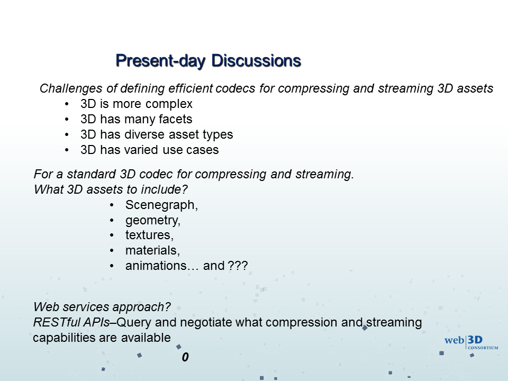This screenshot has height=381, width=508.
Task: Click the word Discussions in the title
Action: point(256,60)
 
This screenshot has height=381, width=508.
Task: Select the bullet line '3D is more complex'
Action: point(137,104)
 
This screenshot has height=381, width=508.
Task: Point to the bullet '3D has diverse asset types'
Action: point(157,134)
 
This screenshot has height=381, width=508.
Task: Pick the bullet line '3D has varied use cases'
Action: point(150,150)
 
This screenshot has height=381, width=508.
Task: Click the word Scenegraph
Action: point(161,205)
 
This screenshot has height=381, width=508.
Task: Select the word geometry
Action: point(152,221)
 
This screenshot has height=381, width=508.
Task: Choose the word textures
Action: point(149,235)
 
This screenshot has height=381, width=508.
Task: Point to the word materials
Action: point(152,250)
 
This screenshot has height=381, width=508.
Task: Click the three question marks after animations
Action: point(238,266)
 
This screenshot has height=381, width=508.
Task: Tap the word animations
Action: point(156,266)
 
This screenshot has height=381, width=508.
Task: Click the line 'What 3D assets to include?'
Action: point(111,189)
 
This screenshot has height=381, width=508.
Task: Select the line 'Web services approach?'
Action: point(102,307)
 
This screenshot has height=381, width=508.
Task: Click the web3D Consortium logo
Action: point(471,343)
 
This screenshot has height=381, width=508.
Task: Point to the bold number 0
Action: point(185,357)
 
